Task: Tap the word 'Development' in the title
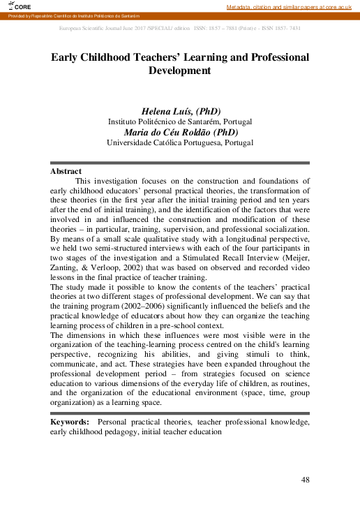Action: [x=179, y=71]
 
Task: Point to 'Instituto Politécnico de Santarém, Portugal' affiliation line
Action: [x=180, y=121]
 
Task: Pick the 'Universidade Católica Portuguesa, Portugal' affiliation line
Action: [x=180, y=142]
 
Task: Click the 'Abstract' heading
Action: [x=66, y=171]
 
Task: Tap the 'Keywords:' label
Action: [x=70, y=422]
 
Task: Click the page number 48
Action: [x=305, y=480]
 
